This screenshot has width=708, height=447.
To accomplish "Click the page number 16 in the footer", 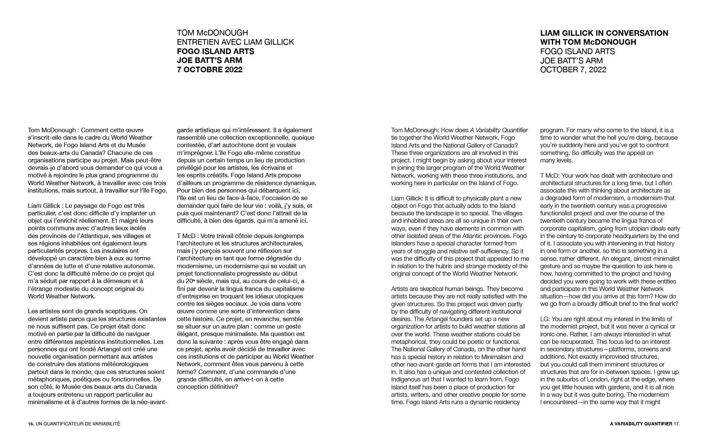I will (31, 424).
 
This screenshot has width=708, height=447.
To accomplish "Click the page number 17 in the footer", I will (677, 424).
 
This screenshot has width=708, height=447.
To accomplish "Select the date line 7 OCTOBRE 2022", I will (209, 70).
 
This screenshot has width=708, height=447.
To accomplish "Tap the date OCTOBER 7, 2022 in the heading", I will (573, 70).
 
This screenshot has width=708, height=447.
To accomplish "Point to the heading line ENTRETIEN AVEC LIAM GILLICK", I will (235, 42).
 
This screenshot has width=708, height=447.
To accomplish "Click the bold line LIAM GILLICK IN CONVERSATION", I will (604, 33).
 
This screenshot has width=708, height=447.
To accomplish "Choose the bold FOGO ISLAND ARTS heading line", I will (215, 51).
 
